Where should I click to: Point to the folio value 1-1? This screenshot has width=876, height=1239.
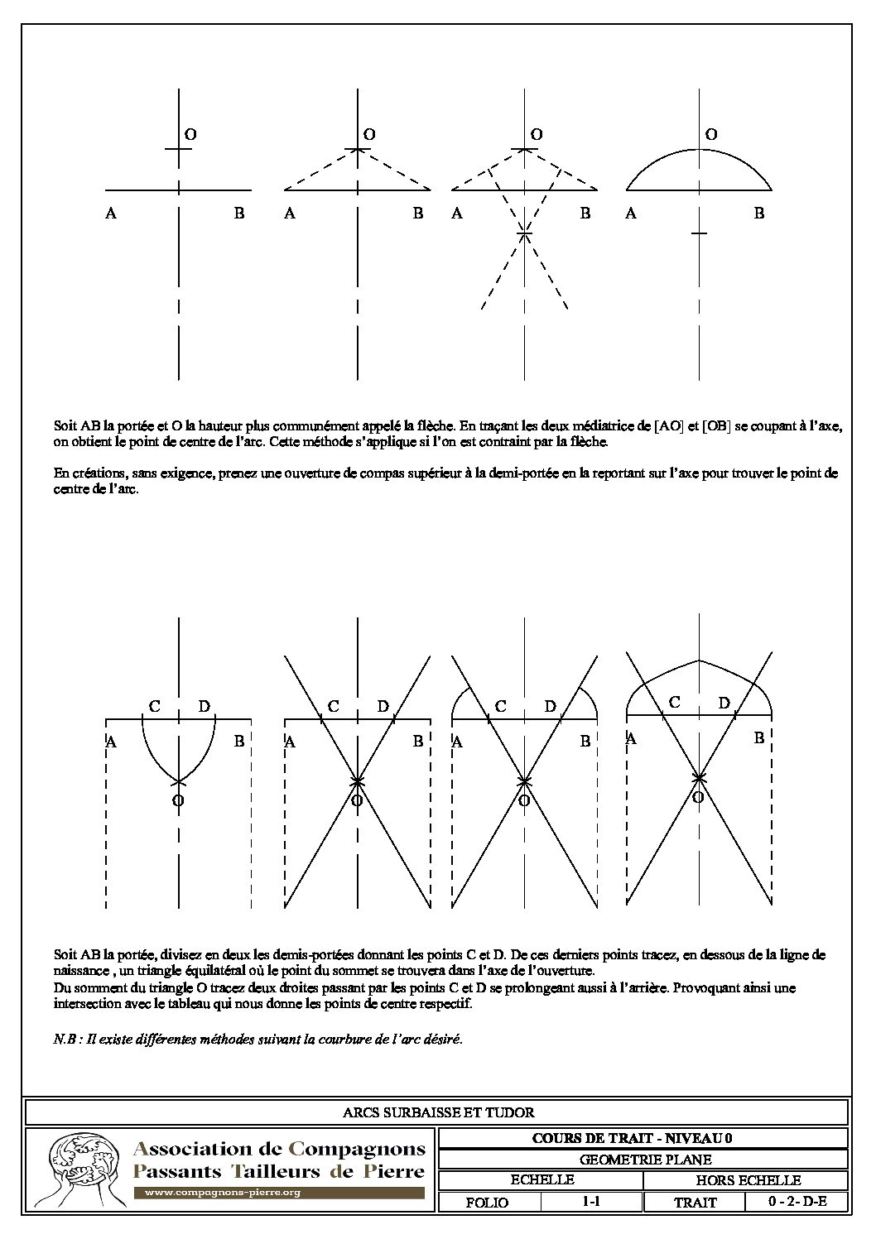590,1202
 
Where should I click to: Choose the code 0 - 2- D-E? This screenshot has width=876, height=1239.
797,1202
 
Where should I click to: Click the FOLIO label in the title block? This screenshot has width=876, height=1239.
488,1203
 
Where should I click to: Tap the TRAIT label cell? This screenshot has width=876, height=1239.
696,1203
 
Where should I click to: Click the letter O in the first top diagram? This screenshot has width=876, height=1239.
190,134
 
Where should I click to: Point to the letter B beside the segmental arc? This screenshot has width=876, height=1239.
758,214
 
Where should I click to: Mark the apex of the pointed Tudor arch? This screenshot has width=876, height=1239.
700,660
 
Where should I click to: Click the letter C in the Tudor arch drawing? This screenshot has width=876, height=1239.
675,703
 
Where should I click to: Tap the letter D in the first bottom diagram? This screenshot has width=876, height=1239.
205,707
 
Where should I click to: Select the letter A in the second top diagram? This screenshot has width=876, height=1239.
290,214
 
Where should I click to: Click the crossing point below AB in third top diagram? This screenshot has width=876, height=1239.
523,234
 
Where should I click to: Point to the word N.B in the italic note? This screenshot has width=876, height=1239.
64,1040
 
